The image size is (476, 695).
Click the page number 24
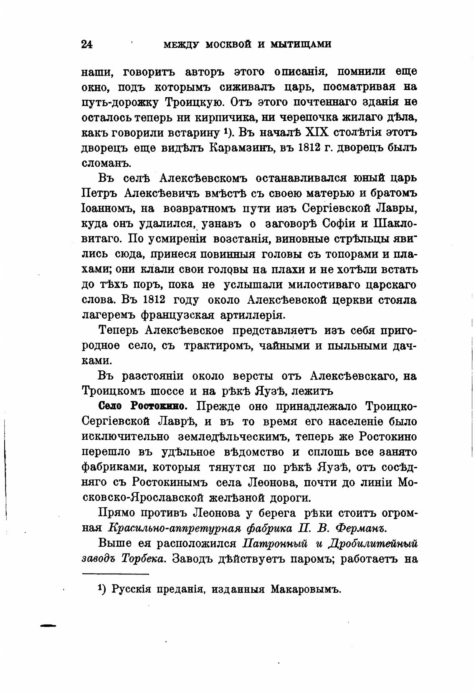pos(87,44)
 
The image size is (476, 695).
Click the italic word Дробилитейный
pos(373,544)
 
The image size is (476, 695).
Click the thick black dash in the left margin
pos(48,625)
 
